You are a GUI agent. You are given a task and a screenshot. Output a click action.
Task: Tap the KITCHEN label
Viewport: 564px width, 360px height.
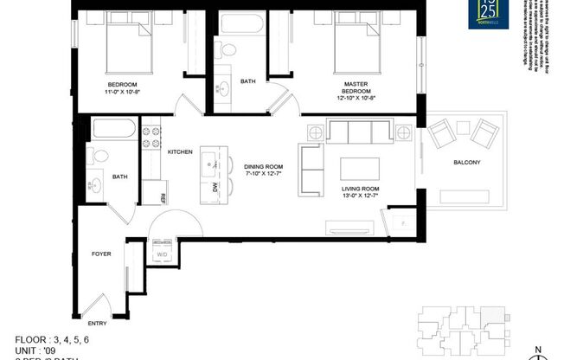click(x=179, y=151)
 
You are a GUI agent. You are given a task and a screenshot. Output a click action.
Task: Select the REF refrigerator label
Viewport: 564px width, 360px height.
click(x=163, y=196)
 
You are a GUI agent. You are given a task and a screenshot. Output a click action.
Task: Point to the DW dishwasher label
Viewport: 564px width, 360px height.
click(x=215, y=187)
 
